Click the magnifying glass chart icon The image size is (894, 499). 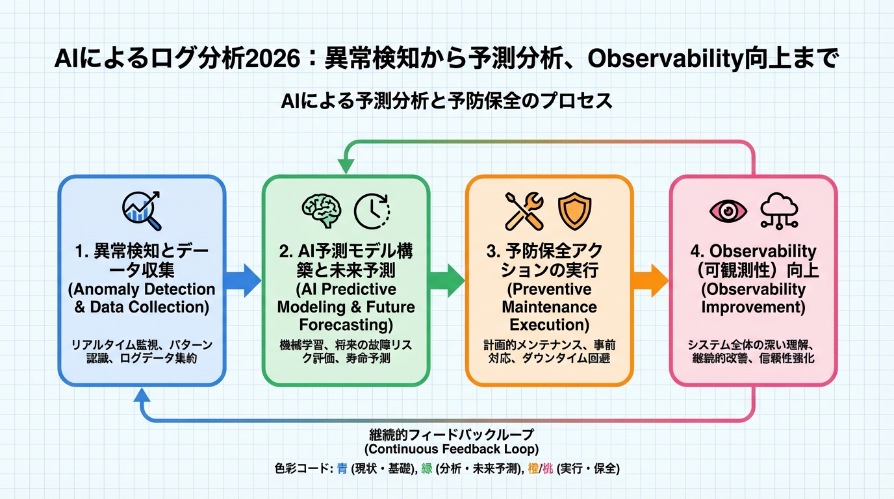pos(142,211)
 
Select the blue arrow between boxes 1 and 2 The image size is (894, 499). pos(243,281)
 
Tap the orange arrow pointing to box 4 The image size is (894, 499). pos(651,281)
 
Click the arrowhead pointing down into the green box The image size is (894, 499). pos(346,167)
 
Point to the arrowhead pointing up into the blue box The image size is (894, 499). pos(142,394)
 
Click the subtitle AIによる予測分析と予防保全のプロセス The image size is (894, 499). pos(446,102)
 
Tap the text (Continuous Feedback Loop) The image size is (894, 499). pos(446,449)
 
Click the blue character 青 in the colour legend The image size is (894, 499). pos(342,468)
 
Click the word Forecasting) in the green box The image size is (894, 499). pos(346,324)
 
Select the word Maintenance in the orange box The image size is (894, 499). pos(549,306)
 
